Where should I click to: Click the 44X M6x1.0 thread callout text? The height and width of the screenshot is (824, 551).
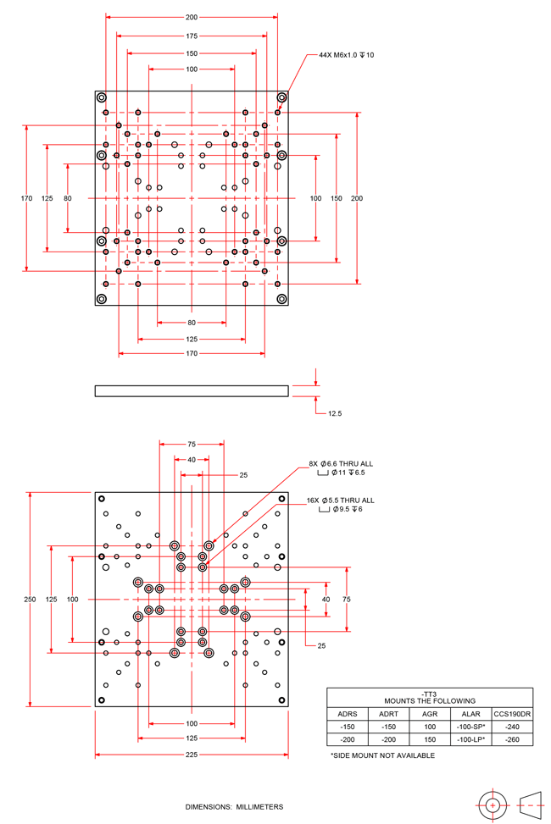346,55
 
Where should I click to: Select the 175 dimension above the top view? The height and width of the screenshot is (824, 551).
192,36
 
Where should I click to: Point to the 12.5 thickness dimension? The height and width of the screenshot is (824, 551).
334,413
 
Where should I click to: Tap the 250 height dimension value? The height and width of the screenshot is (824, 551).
30,599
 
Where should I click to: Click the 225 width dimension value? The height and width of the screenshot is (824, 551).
192,754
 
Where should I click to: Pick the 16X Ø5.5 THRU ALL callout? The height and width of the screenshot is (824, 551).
341,500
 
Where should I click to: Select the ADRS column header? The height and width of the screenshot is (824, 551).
348,714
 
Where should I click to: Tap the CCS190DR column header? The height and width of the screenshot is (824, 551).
512,714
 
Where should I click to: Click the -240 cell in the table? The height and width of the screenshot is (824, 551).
512,727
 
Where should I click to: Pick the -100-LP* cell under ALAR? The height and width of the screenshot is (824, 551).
471,739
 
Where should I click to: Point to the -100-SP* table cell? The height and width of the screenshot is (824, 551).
471,727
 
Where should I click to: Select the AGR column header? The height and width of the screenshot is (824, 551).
430,714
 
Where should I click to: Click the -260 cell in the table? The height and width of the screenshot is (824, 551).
512,739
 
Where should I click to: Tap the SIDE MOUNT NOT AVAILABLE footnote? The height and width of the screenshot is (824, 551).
382,755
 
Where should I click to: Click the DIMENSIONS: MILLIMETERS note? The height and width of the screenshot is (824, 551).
234,807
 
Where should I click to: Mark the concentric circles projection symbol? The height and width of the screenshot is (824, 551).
492,805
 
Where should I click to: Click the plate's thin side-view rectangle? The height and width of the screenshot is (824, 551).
192,391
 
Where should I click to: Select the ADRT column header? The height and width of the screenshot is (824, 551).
388,714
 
